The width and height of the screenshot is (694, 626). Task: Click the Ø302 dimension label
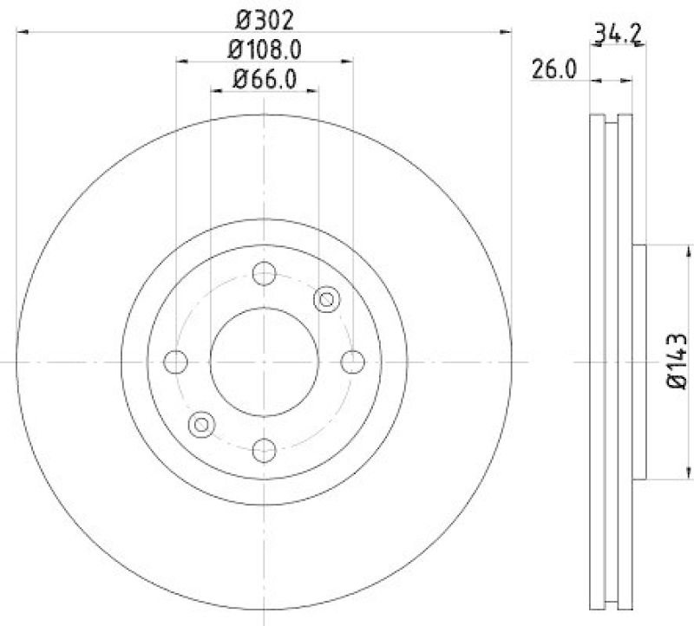point(264,17)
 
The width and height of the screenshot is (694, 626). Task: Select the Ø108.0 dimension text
point(264,49)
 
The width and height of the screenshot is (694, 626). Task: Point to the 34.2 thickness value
point(618,35)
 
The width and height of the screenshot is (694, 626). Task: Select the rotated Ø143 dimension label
point(678,362)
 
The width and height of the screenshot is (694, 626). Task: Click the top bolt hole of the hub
point(264,274)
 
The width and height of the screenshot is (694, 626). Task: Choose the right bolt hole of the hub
point(351,362)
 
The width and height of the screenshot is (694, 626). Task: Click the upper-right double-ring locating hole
point(327,300)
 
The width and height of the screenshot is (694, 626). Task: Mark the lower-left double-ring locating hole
point(201,424)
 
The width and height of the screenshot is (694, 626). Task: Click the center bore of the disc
point(264,362)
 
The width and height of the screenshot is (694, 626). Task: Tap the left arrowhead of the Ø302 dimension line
point(21,31)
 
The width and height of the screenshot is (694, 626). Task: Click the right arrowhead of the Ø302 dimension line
point(507,31)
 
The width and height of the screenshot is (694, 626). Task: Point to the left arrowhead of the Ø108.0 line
point(180,61)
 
